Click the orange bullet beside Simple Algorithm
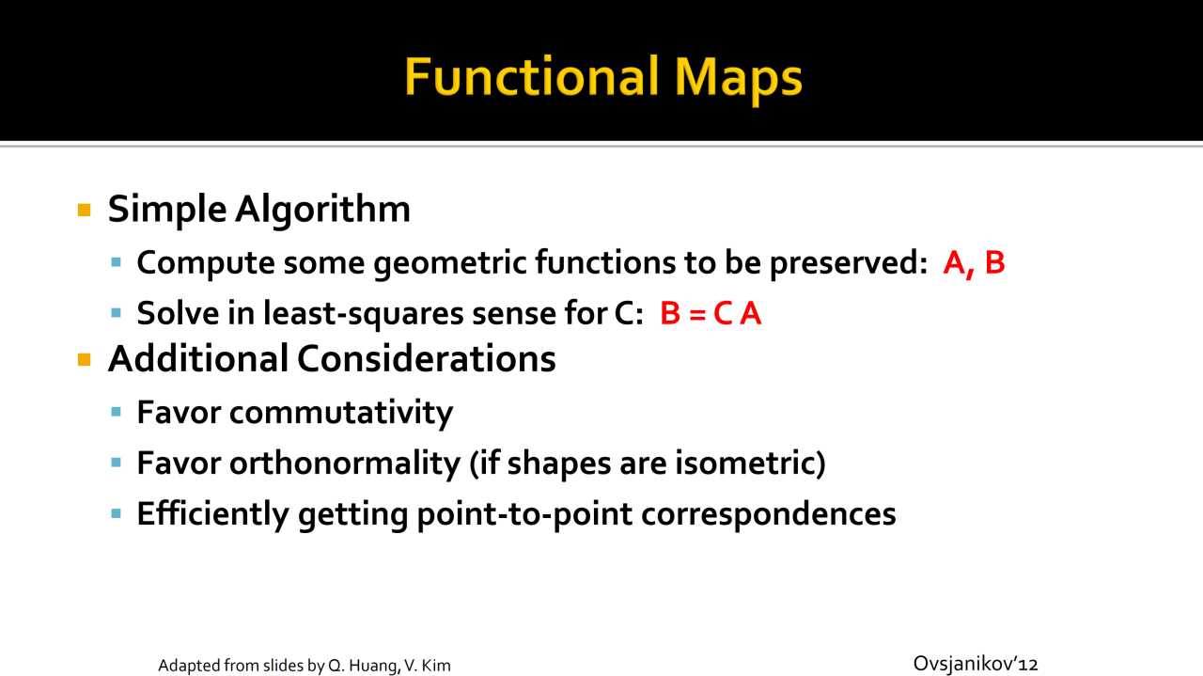(85, 210)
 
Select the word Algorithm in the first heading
(322, 210)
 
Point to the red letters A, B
(974, 263)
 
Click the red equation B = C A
(711, 313)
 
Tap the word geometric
(450, 263)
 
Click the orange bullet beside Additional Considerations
(85, 359)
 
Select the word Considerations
(427, 359)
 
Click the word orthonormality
(345, 464)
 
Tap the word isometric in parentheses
(750, 464)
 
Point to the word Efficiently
(213, 514)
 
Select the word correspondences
(769, 514)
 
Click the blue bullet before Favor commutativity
(116, 412)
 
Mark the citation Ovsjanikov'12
(976, 664)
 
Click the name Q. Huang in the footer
(365, 666)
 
